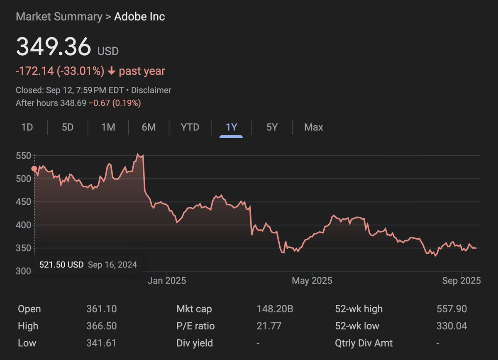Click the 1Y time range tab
231,127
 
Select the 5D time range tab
68,127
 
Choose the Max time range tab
313,127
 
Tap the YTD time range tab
190,127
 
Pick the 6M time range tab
149,127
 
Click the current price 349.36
53,47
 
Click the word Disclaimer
151,90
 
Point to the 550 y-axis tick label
24,156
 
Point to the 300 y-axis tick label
24,271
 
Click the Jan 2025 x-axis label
167,281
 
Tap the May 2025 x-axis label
312,281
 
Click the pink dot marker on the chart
34,169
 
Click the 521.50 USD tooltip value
61,264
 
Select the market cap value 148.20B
275,309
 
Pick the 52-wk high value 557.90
452,309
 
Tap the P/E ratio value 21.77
269,326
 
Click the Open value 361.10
101,309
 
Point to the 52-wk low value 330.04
452,326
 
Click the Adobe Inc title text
139,17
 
